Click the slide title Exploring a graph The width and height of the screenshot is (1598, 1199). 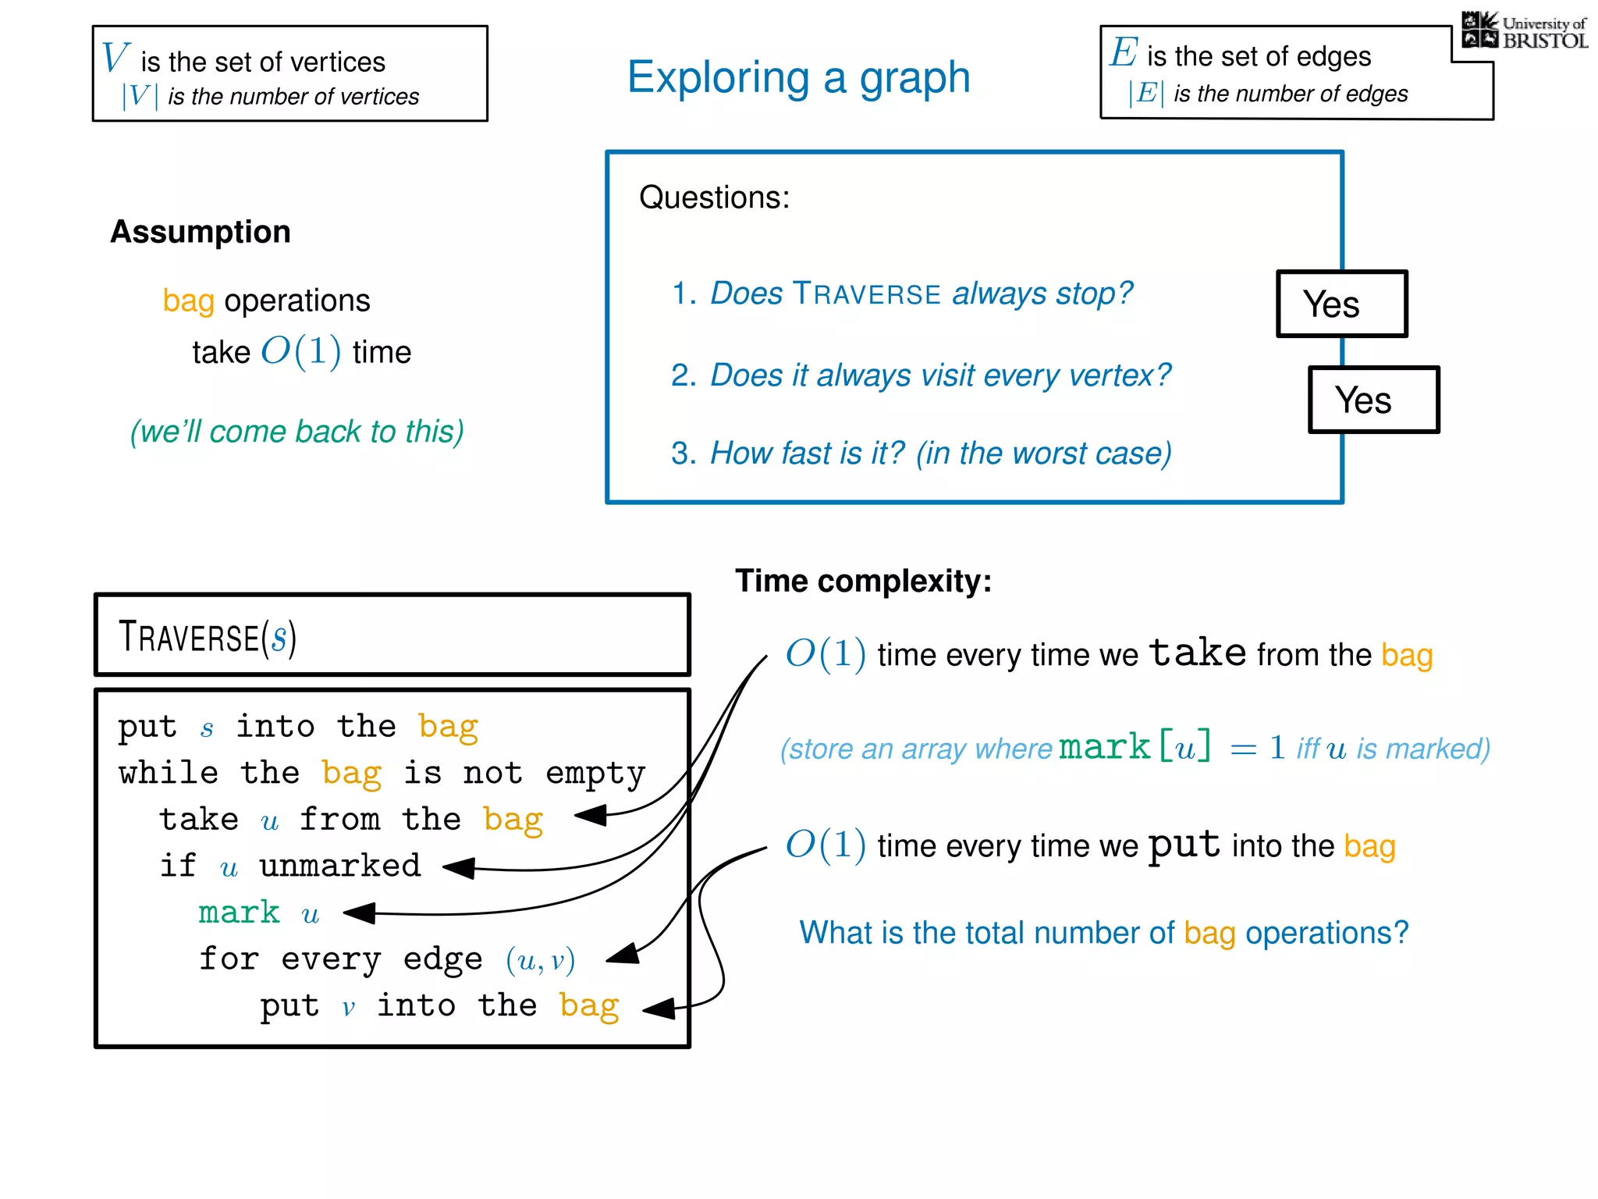coord(798,77)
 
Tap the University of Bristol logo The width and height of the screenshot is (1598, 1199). coord(1524,32)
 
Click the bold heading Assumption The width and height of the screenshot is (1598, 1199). coord(201,232)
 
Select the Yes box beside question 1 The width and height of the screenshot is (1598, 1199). coord(1341,304)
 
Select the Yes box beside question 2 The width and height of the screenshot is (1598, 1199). coord(1373,400)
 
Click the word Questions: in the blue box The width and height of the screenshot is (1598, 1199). coord(714,197)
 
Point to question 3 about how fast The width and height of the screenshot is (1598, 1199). coord(921,453)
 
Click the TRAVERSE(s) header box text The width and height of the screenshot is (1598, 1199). coord(208,636)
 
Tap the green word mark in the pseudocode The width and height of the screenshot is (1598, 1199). coord(239,913)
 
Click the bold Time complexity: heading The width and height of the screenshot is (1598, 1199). coord(863,581)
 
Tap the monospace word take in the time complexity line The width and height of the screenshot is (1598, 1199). coord(1198,653)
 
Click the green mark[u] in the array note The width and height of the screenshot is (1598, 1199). coord(1135,747)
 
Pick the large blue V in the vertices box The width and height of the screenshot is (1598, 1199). coord(115,58)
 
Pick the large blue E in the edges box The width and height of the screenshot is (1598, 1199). coord(1124,53)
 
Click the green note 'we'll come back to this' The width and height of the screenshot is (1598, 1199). coord(297,432)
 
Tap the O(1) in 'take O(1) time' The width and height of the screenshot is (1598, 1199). coord(300,351)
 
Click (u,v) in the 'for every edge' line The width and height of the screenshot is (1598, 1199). coord(540,959)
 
